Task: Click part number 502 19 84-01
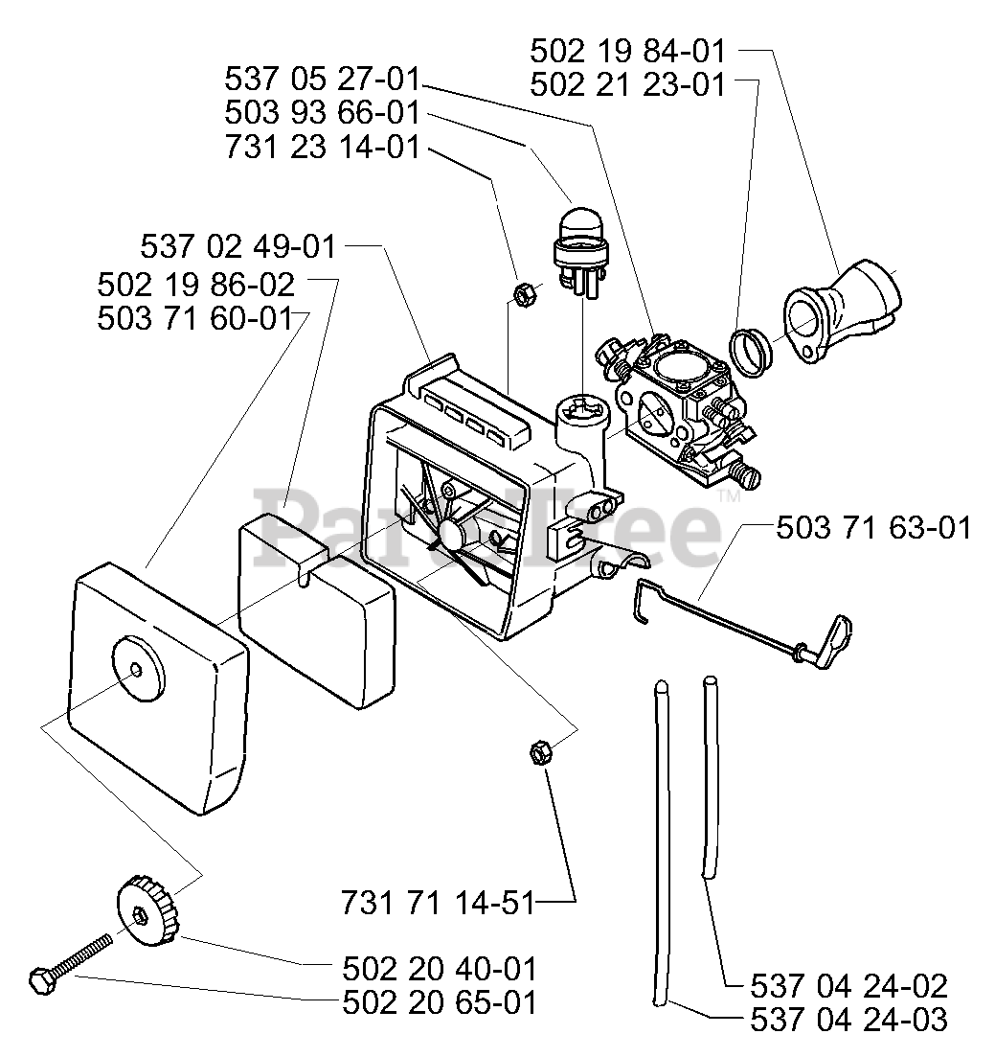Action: click(x=628, y=52)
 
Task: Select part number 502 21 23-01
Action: click(x=628, y=85)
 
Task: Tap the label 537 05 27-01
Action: click(x=322, y=80)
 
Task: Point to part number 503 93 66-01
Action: click(x=322, y=112)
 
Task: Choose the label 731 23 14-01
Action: click(x=322, y=147)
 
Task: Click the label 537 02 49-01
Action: click(x=237, y=246)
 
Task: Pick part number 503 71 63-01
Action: click(x=873, y=528)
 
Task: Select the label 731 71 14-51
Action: click(x=438, y=903)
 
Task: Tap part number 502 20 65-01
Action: click(x=440, y=1002)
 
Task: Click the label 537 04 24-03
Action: click(x=848, y=1020)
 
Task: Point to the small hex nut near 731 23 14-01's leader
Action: click(x=524, y=293)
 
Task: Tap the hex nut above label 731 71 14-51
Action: click(x=541, y=750)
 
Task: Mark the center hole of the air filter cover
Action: click(x=137, y=670)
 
